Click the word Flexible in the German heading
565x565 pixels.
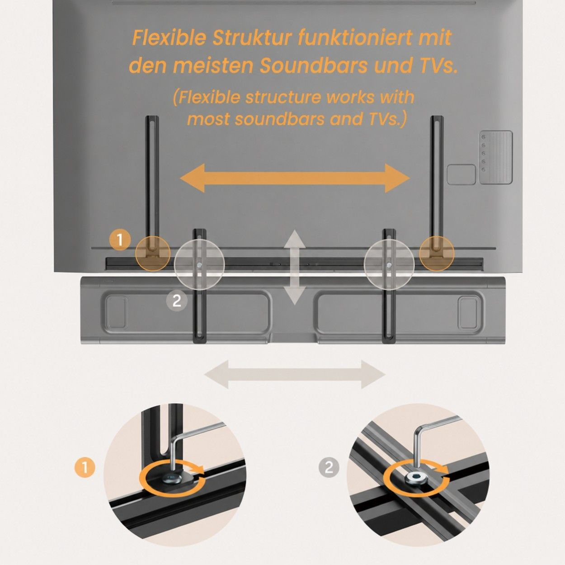click(x=168, y=38)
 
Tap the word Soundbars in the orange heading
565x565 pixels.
click(x=313, y=66)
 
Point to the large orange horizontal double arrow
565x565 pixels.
click(x=295, y=178)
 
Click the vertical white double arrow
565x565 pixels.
click(x=294, y=268)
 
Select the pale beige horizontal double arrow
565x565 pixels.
click(x=295, y=374)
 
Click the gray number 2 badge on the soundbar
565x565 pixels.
click(x=177, y=301)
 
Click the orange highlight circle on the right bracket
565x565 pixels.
click(x=437, y=253)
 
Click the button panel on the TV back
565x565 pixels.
click(x=496, y=157)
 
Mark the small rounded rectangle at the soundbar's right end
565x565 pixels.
click(x=469, y=313)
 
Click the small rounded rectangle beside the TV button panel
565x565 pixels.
click(x=461, y=174)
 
